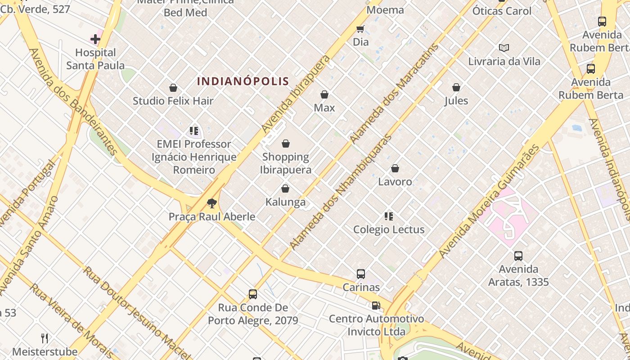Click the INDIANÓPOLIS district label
[x=243, y=81]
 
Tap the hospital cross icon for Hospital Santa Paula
[x=95, y=39]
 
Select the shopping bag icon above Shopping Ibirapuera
[x=285, y=144]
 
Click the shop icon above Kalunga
[x=285, y=189]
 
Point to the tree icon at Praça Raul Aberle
[x=211, y=203]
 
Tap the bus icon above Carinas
[x=360, y=274]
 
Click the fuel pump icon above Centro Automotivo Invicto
[x=376, y=306]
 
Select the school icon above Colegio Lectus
[x=389, y=216]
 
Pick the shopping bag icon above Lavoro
[x=395, y=168]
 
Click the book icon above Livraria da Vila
[x=504, y=48]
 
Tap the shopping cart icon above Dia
[x=360, y=29]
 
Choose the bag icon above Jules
[x=456, y=87]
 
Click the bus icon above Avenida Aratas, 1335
[x=518, y=256]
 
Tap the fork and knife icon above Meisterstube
[x=45, y=338]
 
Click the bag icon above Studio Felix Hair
[x=173, y=88]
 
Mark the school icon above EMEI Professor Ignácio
[x=194, y=131]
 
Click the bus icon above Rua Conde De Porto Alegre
[x=253, y=294]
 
